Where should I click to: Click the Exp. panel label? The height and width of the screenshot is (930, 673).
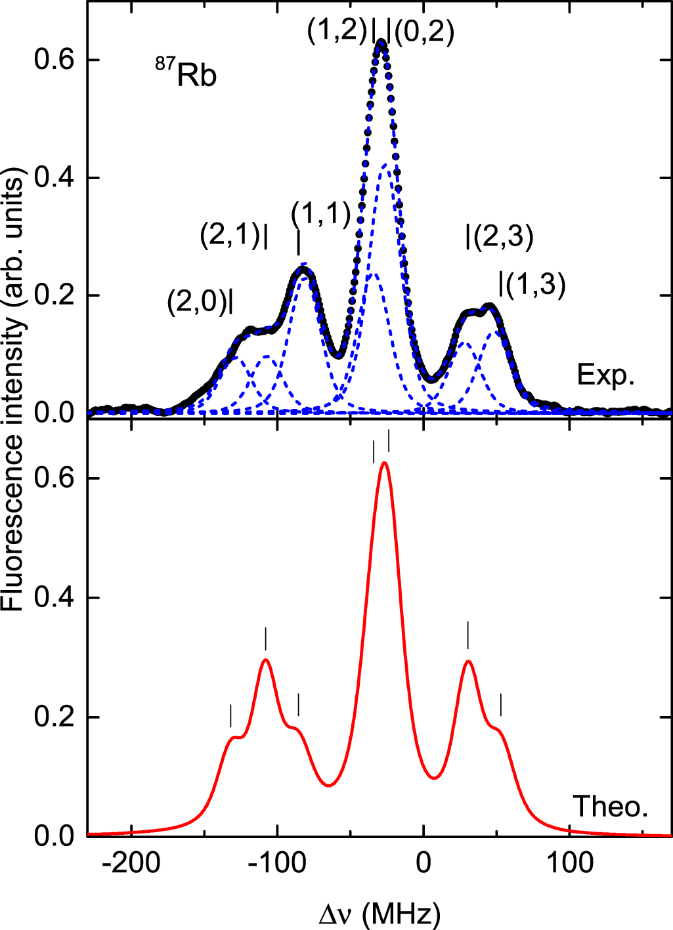[605, 375]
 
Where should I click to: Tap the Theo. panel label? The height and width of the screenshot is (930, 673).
[611, 807]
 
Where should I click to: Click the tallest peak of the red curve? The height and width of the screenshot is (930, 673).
[384, 463]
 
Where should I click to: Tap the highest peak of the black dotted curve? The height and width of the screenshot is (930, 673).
[381, 42]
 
